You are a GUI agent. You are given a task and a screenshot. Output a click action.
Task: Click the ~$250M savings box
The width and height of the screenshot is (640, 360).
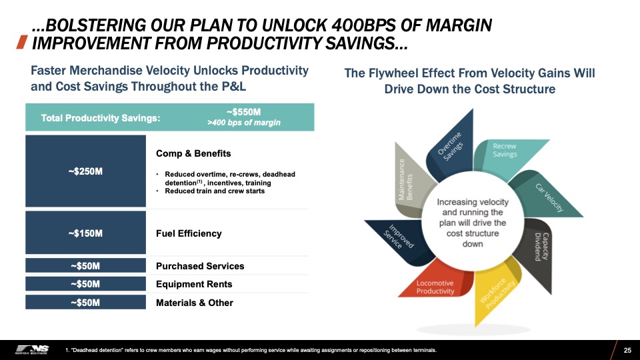point(85,171)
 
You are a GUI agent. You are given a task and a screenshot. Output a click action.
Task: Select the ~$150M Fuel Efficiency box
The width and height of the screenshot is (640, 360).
point(85,233)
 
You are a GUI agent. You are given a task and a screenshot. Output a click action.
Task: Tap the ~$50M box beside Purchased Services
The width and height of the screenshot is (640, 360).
point(85,265)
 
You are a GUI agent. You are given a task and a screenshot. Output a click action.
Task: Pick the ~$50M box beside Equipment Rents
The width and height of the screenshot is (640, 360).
point(85,284)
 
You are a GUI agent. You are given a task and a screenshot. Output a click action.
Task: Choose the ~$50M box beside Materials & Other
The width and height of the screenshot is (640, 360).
point(85,302)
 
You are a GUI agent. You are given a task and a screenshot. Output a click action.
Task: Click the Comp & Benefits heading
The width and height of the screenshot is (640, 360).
point(193,153)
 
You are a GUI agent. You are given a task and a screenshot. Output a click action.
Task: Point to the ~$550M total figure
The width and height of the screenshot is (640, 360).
point(243,112)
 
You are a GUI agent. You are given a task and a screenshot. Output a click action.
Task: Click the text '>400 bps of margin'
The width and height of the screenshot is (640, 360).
point(244,123)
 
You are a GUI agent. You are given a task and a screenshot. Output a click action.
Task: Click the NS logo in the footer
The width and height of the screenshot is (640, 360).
point(32,350)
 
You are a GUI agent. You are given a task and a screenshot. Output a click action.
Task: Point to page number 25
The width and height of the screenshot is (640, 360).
point(627,350)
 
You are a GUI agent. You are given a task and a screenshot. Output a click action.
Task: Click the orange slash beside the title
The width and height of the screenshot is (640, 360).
point(21,42)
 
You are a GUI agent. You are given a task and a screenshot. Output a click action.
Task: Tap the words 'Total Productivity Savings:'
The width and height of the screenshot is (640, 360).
point(101,119)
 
